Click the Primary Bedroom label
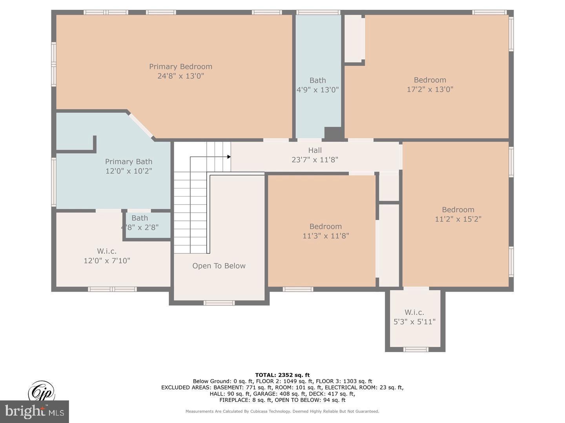(x=180, y=67)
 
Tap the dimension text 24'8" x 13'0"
(x=180, y=76)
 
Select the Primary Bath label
(x=128, y=161)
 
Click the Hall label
(x=315, y=150)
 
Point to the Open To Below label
(x=219, y=266)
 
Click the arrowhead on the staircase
(x=229, y=157)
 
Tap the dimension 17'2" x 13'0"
(x=430, y=89)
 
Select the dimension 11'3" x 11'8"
(x=325, y=236)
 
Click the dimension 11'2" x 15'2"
(x=458, y=219)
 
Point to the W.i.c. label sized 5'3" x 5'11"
(x=414, y=312)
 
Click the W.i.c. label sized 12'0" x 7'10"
(x=107, y=251)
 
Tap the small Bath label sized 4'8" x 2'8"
(x=140, y=218)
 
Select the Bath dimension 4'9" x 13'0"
(x=317, y=90)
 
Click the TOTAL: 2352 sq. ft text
(x=282, y=375)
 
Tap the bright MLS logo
(x=35, y=411)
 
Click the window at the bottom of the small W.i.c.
(x=416, y=349)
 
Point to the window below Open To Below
(x=219, y=303)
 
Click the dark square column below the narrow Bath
(x=333, y=133)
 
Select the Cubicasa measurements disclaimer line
(x=282, y=411)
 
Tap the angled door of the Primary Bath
(x=141, y=125)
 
